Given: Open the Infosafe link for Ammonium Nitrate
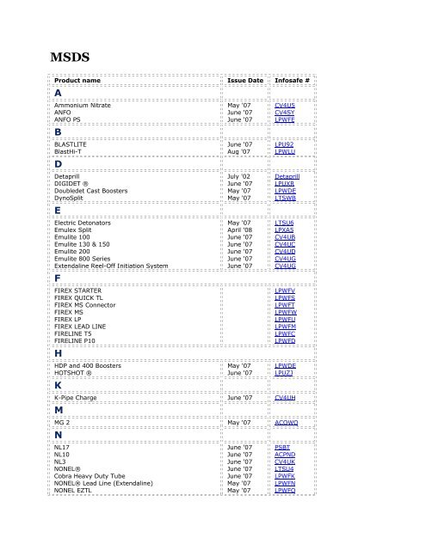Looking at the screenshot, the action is (x=285, y=104).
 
